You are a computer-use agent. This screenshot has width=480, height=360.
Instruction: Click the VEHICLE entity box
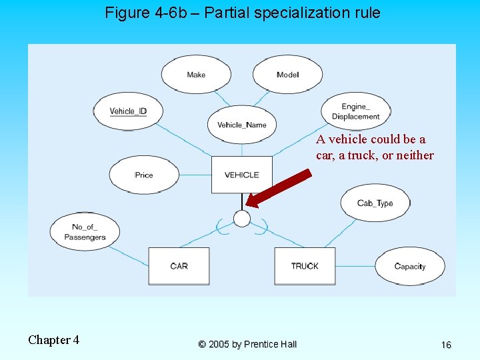[241, 175]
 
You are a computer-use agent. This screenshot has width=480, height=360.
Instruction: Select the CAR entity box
[179, 266]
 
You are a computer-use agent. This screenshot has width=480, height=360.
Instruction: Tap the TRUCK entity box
[305, 266]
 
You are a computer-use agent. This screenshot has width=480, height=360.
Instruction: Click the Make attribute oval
[196, 74]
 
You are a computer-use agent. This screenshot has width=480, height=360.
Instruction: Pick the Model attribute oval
[287, 74]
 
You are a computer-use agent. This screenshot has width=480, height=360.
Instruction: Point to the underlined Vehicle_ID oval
[127, 111]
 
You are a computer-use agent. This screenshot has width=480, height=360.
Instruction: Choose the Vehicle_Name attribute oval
[241, 125]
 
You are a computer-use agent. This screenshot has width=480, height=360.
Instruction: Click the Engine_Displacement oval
[355, 111]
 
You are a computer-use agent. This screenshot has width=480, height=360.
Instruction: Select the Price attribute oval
[144, 175]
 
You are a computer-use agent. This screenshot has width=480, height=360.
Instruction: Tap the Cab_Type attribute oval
[375, 203]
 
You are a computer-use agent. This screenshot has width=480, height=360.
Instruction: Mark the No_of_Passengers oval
[85, 232]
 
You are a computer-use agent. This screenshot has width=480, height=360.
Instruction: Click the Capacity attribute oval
[409, 266]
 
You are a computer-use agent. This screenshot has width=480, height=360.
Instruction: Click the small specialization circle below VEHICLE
[242, 219]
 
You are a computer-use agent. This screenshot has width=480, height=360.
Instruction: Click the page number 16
[446, 345]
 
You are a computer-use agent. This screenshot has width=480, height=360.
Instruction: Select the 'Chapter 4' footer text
[53, 340]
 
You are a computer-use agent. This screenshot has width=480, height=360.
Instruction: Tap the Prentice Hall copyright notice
[247, 344]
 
